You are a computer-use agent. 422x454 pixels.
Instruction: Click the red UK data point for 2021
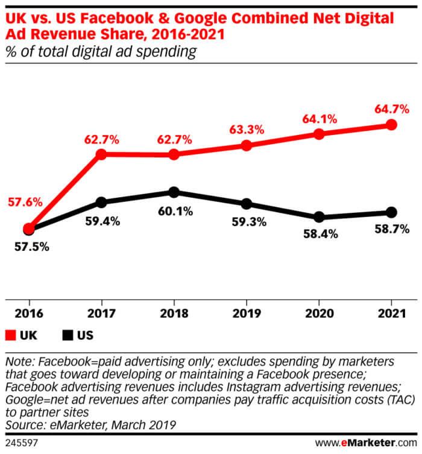(391, 125)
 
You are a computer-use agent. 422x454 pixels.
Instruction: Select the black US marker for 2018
(174, 192)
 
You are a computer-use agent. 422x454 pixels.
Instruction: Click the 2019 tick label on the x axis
(246, 314)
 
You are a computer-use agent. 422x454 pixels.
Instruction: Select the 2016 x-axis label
(28, 314)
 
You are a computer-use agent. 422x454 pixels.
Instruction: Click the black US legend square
(68, 335)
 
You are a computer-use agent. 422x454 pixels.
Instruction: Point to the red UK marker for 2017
(101, 154)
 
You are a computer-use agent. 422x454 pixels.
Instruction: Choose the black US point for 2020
(319, 217)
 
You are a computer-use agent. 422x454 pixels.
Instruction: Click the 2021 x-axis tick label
(391, 314)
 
